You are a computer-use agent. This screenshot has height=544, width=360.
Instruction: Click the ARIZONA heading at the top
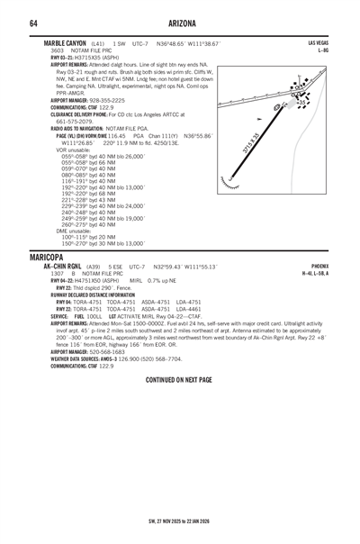[179, 23]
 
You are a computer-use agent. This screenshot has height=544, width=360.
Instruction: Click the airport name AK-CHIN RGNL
[66, 267]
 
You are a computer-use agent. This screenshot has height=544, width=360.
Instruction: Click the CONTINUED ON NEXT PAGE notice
[179, 380]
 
